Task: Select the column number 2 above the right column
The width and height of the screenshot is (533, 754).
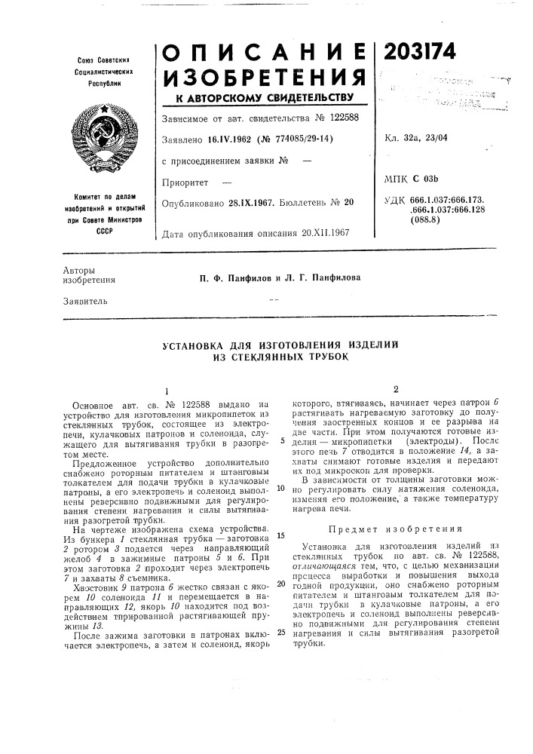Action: tap(394, 389)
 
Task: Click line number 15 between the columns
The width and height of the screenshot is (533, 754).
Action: tap(280, 515)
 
